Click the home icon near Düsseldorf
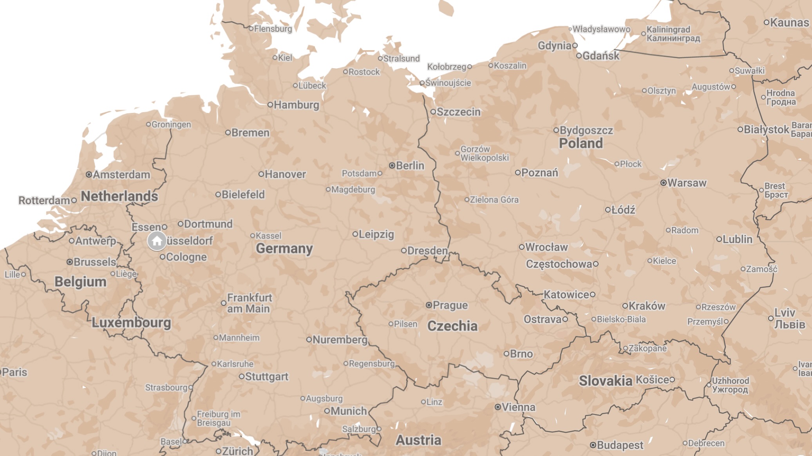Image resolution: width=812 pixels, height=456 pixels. point(157,241)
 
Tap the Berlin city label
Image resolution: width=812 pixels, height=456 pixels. point(410,165)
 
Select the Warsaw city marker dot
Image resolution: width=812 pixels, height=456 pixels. point(663,183)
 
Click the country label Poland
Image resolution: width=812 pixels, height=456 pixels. point(581,143)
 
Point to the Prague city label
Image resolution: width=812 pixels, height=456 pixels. point(450,305)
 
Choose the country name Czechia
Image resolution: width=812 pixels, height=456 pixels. point(452,326)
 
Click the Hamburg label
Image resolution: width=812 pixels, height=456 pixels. point(296,105)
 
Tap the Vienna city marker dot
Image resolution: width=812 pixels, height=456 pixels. point(497,407)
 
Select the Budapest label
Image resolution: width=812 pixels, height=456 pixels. point(620,445)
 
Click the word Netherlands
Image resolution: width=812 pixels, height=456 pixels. point(119,196)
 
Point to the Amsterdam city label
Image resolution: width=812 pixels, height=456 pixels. point(121,174)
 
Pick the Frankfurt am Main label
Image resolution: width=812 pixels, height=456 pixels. point(249,303)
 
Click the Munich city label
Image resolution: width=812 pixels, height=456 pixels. point(348,411)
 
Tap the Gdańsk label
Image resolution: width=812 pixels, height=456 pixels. point(600,56)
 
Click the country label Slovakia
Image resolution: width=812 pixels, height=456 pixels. point(605,380)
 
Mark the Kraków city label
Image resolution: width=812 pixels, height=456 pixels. point(647,306)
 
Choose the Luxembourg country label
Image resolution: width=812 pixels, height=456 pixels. point(131,322)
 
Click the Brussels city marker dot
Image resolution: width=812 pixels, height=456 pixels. point(70,262)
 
